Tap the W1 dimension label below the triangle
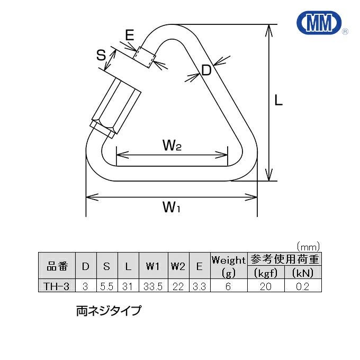pyautogui.click(x=171, y=208)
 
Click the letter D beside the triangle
pyautogui.click(x=206, y=70)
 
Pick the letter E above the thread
pyautogui.click(x=130, y=35)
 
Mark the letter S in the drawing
pyautogui.click(x=101, y=55)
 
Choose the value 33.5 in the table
pyautogui.click(x=152, y=286)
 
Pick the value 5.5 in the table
pyautogui.click(x=106, y=286)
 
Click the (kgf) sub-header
pyautogui.click(x=266, y=273)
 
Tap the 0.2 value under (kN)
pyautogui.click(x=303, y=286)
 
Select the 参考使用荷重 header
pyautogui.click(x=285, y=259)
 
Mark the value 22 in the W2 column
pyautogui.click(x=177, y=286)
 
